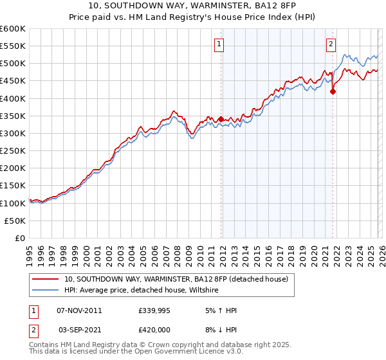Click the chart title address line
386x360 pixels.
[x=193, y=5]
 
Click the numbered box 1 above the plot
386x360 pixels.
[x=219, y=44]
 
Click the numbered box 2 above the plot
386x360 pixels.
[x=331, y=44]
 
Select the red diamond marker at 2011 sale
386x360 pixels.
[x=221, y=119]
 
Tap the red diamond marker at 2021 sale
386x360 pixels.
[x=333, y=92]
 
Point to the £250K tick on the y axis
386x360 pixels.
[x=13, y=150]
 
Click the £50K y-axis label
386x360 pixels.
[x=15, y=221]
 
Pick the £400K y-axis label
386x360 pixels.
[x=13, y=98]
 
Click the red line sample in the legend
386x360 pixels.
[x=45, y=279]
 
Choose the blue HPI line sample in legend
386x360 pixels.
[x=45, y=290]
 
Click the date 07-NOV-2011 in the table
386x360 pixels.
[x=79, y=310]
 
